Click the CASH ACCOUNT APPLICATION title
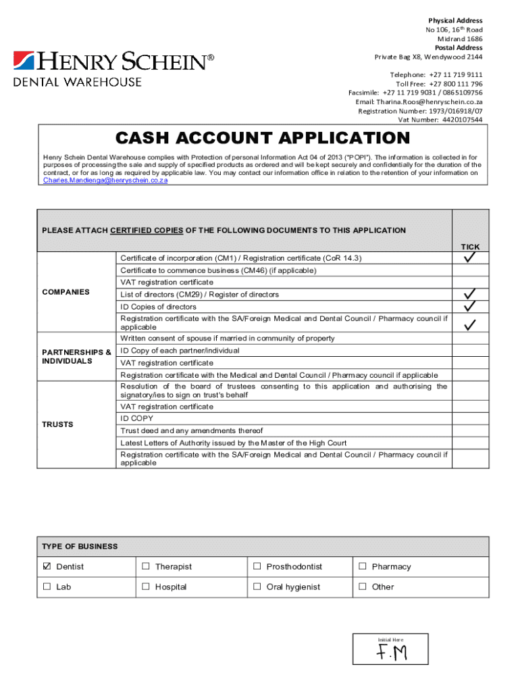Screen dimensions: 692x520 pos(263,139)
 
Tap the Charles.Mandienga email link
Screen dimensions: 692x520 pos(105,180)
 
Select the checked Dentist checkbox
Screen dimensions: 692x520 pos(47,566)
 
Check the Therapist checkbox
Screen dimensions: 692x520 pos(145,566)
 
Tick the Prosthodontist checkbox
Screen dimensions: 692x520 pos(257,566)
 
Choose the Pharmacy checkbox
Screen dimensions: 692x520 pos(363,566)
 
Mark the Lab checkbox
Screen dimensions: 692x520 pos(47,587)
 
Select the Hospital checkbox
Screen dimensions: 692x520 pos(145,587)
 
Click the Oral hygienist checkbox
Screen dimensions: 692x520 pos(257,587)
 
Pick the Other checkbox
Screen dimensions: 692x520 pos(363,587)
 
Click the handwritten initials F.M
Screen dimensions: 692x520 pos(392,653)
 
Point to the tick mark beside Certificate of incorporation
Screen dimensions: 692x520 pos(470,258)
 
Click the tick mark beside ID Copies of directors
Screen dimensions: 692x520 pos(470,306)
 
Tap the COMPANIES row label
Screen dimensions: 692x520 pos(66,292)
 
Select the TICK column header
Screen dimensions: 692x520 pos(470,247)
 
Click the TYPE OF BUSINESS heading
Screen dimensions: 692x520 pos(80,546)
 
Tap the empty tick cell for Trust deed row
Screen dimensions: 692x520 pos(470,430)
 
